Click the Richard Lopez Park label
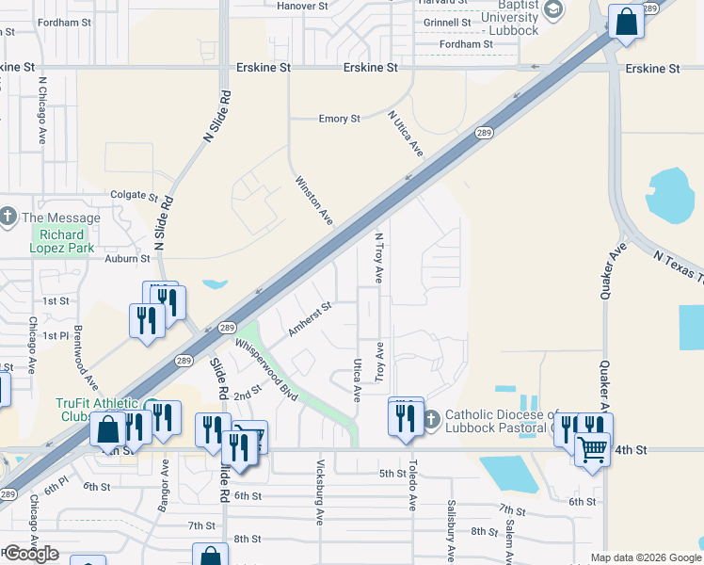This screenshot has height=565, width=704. [63, 242]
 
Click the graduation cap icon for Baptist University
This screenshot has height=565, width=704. [553, 9]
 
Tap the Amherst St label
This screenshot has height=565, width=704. [311, 318]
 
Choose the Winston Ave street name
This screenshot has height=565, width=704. [314, 200]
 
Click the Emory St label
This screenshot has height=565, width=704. [340, 120]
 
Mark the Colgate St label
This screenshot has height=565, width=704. [134, 197]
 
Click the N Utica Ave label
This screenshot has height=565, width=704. [406, 134]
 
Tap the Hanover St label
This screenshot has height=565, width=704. [301, 5]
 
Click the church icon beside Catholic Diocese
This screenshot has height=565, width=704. [431, 417]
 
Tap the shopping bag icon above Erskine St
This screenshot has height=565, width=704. [625, 21]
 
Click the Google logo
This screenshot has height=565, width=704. [31, 554]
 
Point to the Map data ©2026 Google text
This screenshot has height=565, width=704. [645, 557]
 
